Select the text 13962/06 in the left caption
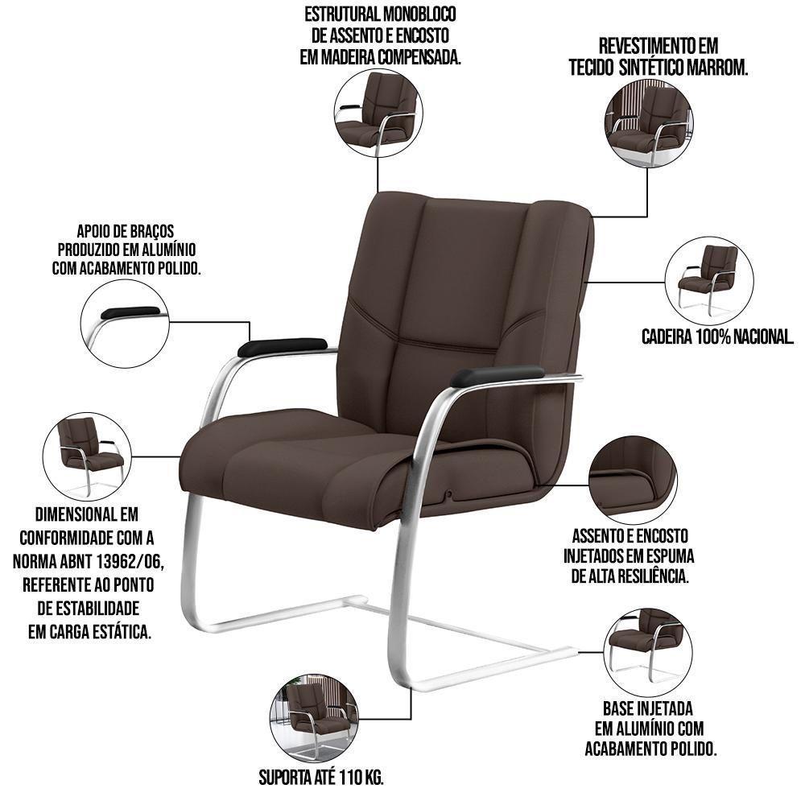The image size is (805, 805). [130, 561]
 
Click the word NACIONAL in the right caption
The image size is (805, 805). [764, 336]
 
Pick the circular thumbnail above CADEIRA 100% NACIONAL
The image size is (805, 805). [709, 281]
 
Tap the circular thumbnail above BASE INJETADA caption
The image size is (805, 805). [649, 653]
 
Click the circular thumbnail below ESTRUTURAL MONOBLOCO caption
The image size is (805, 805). [378, 114]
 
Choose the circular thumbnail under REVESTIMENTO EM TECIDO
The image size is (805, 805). [649, 123]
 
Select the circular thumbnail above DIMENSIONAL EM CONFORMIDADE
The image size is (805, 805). [87, 457]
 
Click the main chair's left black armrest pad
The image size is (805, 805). [282, 347]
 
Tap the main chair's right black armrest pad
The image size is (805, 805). [497, 375]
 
